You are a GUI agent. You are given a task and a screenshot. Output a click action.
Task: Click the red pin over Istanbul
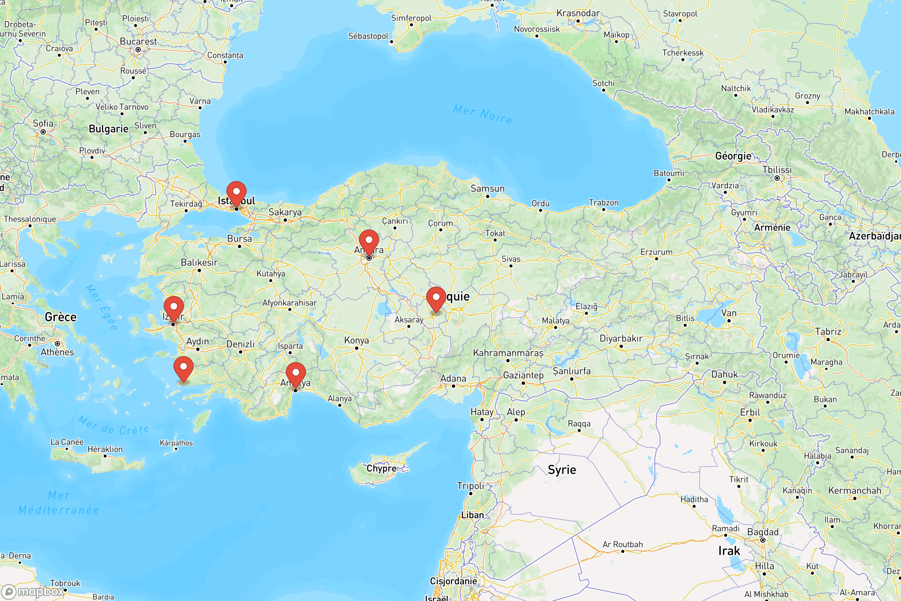click(237, 193)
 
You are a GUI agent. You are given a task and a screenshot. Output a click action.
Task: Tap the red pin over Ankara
click(369, 242)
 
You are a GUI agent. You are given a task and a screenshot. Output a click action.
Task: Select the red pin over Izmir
click(173, 308)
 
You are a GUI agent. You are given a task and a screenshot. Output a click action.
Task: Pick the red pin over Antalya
click(295, 374)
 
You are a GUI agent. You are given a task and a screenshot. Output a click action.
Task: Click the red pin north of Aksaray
click(436, 298)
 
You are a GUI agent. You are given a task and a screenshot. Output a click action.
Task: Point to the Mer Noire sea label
click(482, 114)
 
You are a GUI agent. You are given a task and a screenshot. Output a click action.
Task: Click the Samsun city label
click(487, 189)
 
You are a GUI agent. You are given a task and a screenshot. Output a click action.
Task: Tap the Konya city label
click(356, 340)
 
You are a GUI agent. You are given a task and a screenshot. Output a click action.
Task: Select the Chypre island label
click(381, 468)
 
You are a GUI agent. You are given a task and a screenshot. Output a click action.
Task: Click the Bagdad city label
click(763, 532)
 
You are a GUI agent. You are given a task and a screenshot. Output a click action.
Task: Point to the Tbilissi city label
click(776, 170)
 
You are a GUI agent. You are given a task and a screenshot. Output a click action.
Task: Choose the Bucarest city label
click(138, 41)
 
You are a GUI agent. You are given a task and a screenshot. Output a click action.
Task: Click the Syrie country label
click(562, 470)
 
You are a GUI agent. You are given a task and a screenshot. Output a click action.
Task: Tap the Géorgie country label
click(733, 156)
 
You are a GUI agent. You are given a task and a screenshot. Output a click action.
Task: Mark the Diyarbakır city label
click(621, 338)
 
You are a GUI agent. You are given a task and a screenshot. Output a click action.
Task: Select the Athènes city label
click(57, 352)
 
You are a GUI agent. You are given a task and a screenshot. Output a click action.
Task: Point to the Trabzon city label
click(603, 202)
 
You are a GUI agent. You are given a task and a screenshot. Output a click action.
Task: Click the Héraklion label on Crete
click(105, 449)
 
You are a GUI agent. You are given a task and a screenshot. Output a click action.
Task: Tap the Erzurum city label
click(656, 252)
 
